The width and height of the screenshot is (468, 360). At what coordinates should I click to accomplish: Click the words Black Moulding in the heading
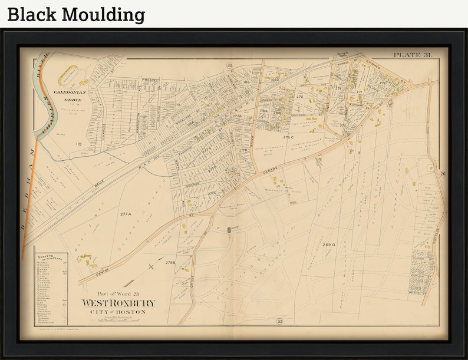[x=76, y=14]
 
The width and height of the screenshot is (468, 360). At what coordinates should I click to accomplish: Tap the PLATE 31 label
[x=413, y=55]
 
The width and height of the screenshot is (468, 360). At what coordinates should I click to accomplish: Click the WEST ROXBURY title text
[x=119, y=303]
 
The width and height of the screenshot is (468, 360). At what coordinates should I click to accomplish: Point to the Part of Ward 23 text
[x=118, y=293]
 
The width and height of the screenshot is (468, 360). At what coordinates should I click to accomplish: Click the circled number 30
[x=229, y=65]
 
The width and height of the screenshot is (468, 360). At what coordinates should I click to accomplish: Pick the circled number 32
[x=280, y=321]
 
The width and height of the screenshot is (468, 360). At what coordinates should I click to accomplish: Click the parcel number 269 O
[x=329, y=244]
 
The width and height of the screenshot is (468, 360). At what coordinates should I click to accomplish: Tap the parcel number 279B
[x=171, y=262]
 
